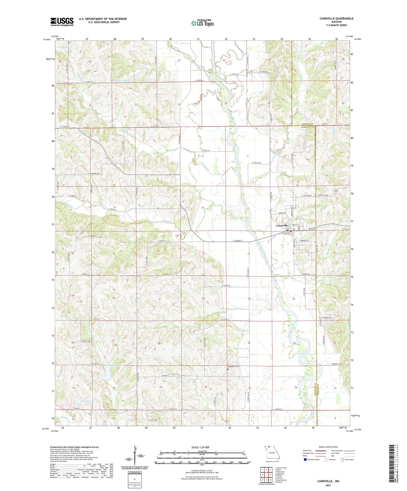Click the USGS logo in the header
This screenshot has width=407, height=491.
[x=62, y=22]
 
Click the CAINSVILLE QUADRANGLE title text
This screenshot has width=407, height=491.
[x=336, y=19]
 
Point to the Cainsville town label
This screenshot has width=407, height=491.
[x=282, y=226]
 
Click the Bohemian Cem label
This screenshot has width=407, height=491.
[x=233, y=366]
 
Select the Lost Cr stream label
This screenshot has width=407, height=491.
[x=238, y=308]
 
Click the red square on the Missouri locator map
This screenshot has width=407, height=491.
[x=269, y=446]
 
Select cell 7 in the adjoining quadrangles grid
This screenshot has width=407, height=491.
[x=266, y=480]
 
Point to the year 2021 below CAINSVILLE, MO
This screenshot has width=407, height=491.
[x=328, y=485]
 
